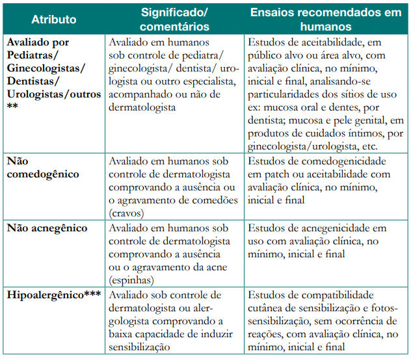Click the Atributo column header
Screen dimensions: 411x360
click(53, 19)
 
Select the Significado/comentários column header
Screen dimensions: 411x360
click(176, 19)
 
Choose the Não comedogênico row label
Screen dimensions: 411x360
click(43, 168)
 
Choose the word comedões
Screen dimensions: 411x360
click(205, 199)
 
